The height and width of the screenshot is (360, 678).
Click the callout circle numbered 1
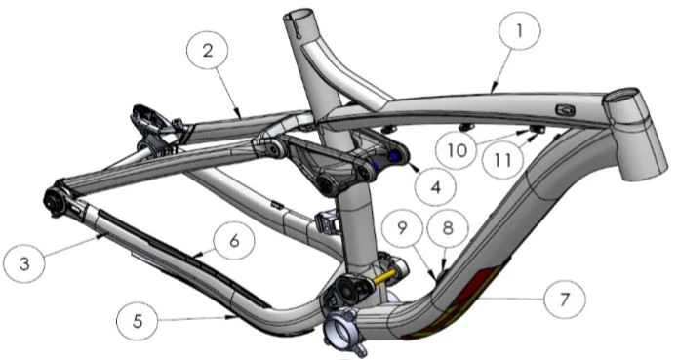pyautogui.click(x=519, y=31)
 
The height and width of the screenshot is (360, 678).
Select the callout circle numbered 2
pyautogui.click(x=208, y=51)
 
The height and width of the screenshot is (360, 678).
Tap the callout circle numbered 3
pyautogui.click(x=24, y=262)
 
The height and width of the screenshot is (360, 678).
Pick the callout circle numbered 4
pyautogui.click(x=435, y=186)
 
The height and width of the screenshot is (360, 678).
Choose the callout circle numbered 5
pyautogui.click(x=138, y=320)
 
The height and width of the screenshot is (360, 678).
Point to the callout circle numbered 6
pyautogui.click(x=234, y=240)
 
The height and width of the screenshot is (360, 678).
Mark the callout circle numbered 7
pyautogui.click(x=564, y=300)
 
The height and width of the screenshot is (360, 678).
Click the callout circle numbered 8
pyautogui.click(x=448, y=227)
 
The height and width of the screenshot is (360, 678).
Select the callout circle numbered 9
pyautogui.click(x=402, y=227)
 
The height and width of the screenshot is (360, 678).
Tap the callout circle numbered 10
pyautogui.click(x=458, y=149)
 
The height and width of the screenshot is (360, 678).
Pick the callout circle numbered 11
pyautogui.click(x=502, y=160)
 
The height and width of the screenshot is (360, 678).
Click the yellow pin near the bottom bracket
pyautogui.click(x=383, y=277)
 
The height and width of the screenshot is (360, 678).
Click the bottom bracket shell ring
pyautogui.click(x=342, y=331)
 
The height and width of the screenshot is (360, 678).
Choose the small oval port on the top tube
pyautogui.click(x=564, y=110)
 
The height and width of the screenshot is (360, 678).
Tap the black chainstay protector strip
pyautogui.click(x=181, y=255)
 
